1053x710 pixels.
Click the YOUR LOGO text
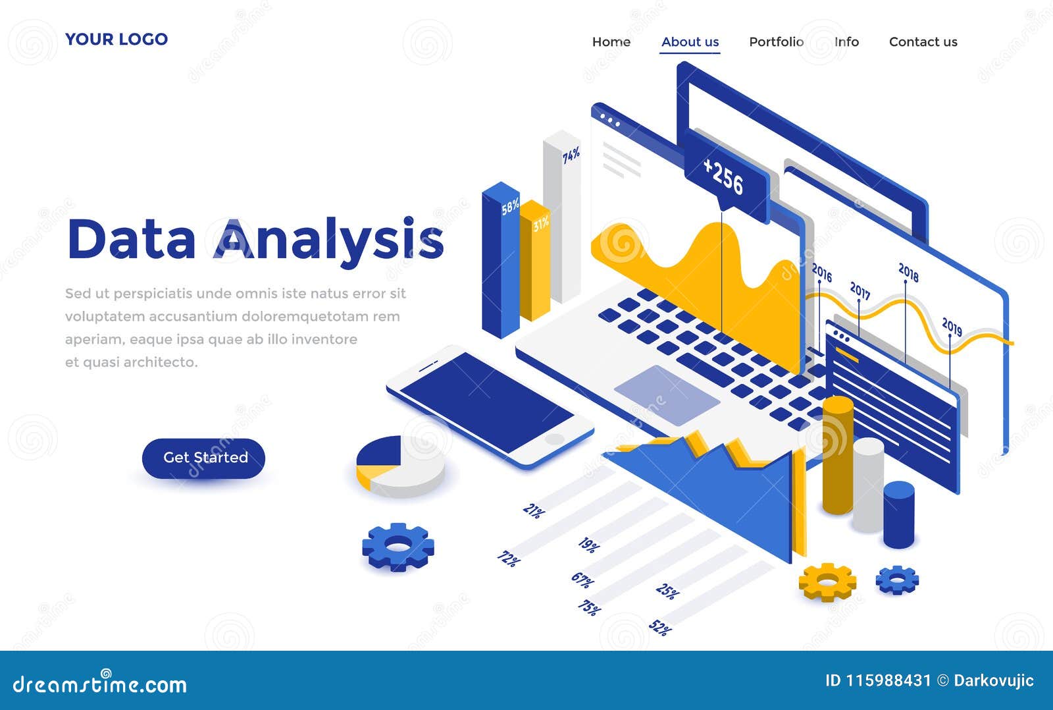coord(116,40)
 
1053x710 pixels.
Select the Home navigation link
coord(611,42)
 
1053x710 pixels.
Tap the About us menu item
coord(690,42)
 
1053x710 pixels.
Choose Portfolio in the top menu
coord(776,42)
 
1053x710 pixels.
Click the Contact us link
coord(923,42)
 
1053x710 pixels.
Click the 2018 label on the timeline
coord(908,271)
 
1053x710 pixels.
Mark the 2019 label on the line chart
coord(952,326)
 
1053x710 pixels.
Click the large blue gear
coord(398,546)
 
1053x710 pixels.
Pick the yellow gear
coord(827,581)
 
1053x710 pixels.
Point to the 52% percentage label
coord(660,628)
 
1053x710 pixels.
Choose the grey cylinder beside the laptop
coord(867,484)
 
